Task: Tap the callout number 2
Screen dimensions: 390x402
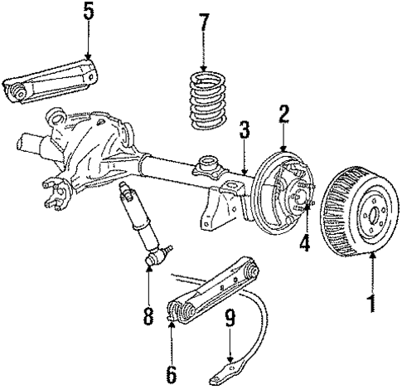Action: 283,115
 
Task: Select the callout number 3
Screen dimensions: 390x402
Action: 244,131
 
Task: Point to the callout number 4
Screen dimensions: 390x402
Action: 304,244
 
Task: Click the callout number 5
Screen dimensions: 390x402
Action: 89,13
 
